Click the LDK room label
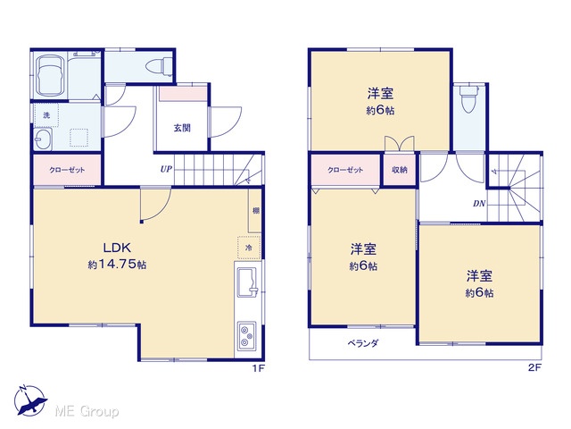pos(117,248)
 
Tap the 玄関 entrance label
pos(182,128)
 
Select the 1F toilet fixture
pos(159,67)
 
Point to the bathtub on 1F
pos(50,75)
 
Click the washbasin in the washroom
pos(42,139)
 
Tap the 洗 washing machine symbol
pos(46,115)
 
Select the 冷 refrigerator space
pos(249,248)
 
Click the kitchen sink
pos(247,282)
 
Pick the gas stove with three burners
pos(247,336)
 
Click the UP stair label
pos(166,169)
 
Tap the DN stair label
pos(479,204)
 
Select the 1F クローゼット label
pos(67,170)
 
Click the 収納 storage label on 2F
pos(400,170)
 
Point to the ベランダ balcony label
pos(363,343)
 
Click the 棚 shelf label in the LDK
pos(256,211)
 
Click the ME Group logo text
pos(87,411)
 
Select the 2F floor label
pos(534,367)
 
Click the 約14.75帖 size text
pos(117,265)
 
